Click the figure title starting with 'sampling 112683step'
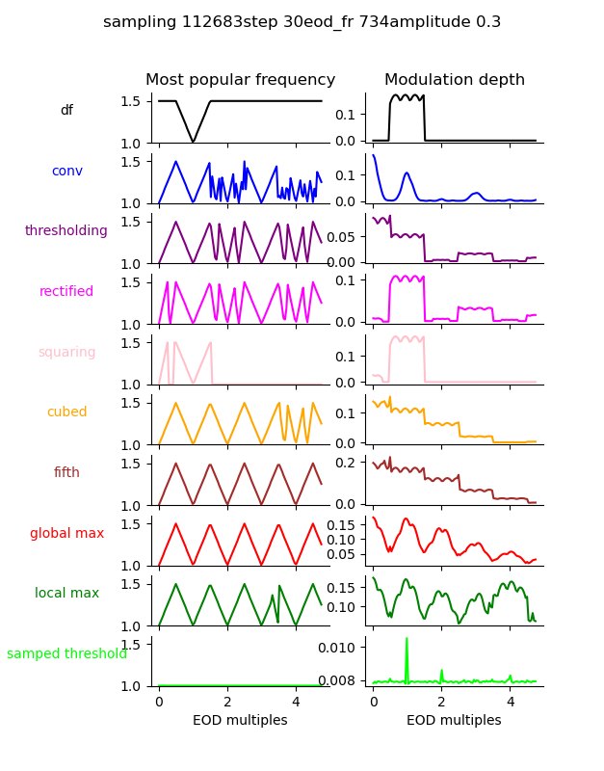click(302, 22)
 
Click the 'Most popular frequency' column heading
click(240, 80)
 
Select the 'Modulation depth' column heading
click(454, 80)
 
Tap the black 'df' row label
click(66, 111)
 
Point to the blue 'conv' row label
click(66, 171)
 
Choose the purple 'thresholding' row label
click(66, 231)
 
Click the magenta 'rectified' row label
click(66, 291)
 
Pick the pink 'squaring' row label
click(66, 352)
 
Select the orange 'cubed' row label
click(66, 412)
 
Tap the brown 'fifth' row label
click(66, 472)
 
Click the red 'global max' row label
click(66, 533)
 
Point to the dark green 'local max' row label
click(66, 593)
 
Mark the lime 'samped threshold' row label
click(66, 653)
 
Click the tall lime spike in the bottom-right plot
click(407, 640)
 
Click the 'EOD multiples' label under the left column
click(240, 720)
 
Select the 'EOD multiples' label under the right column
click(454, 720)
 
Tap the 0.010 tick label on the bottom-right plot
click(344, 646)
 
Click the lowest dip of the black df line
click(194, 142)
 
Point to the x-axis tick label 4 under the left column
click(296, 702)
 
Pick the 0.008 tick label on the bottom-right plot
click(344, 681)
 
